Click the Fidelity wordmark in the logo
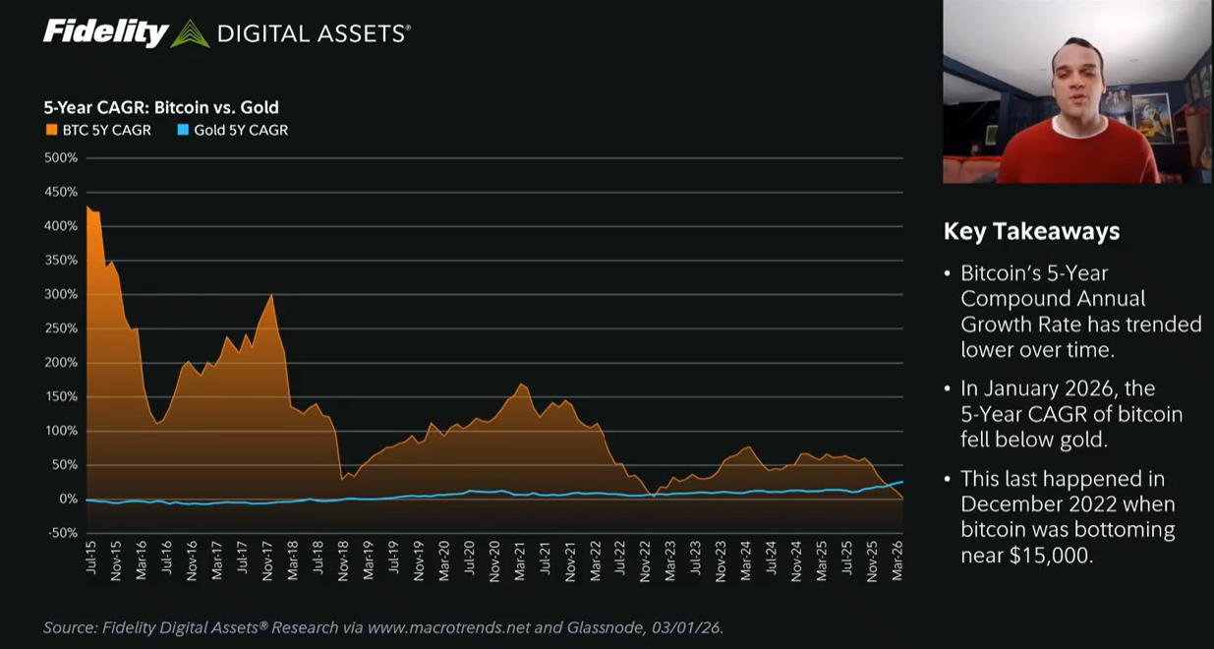point(106,32)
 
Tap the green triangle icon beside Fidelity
point(190,34)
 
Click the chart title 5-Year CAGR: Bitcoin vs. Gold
point(160,107)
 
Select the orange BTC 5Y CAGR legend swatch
point(50,130)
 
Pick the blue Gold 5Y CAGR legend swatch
point(182,130)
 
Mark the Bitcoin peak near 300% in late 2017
point(271,295)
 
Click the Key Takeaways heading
point(1031,231)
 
